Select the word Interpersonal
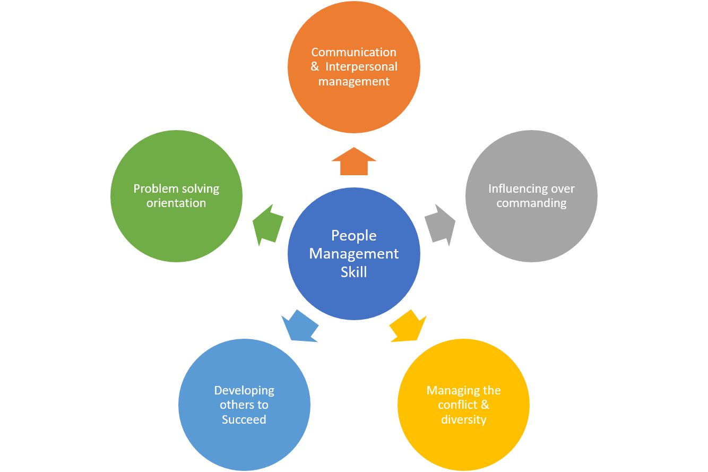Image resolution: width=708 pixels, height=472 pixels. click(361, 67)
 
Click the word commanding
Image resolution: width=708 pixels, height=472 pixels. click(531, 203)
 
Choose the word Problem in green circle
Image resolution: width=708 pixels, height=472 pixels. click(153, 189)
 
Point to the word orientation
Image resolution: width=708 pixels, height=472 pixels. click(176, 203)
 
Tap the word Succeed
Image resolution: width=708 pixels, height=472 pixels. click(244, 420)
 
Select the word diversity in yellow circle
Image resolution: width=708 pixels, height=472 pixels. click(463, 420)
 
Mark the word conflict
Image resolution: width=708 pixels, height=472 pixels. click(459, 405)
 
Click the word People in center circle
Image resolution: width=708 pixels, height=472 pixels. click(354, 236)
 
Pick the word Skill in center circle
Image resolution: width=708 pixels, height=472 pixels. click(354, 272)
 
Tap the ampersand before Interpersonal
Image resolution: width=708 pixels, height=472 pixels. click(315, 67)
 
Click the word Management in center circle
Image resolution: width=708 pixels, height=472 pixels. click(354, 254)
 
